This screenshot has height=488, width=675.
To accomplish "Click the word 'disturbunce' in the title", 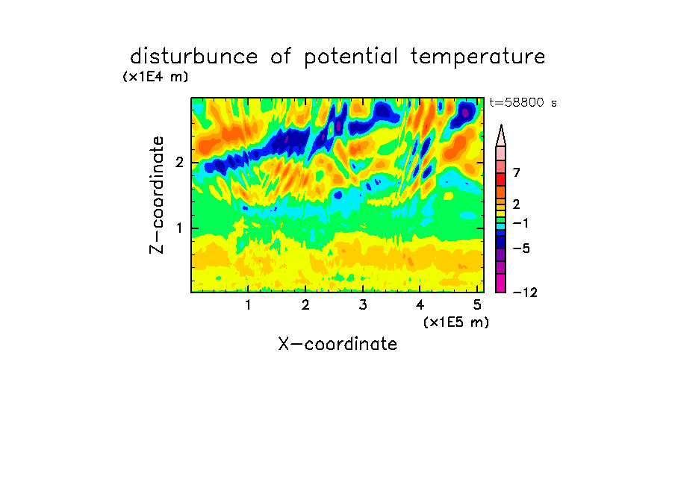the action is coord(194,57).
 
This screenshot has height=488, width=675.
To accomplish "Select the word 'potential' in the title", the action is coord(351,57).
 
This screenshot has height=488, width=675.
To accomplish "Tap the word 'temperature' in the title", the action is coord(478,57).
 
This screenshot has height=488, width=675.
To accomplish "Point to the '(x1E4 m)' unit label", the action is coord(155,77).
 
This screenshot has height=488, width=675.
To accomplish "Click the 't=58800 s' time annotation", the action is coord(523,102).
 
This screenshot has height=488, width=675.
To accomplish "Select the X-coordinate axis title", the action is coord(337,344).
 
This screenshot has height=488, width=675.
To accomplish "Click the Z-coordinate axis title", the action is coord(157,195).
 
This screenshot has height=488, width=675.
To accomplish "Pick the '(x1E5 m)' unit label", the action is coord(456,322).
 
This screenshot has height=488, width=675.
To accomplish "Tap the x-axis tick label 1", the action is coord(248,305).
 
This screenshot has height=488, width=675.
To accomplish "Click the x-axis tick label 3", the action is coord(363,305).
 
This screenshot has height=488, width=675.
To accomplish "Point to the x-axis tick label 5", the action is coord(477,305).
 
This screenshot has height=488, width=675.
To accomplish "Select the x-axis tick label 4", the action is coord(420,305).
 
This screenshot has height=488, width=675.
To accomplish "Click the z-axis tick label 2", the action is coord(179,163).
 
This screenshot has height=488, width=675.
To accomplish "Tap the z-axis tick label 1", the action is coord(179,228).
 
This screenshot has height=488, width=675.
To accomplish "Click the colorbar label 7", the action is coord(517,172).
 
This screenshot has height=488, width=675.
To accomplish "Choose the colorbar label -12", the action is coord(525,293).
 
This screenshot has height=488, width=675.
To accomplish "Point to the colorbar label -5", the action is coord(521,248).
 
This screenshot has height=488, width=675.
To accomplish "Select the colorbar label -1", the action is coord(520,223).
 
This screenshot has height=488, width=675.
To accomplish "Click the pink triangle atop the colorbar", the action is coord(501,136).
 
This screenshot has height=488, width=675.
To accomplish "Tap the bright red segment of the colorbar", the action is coord(501,179).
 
